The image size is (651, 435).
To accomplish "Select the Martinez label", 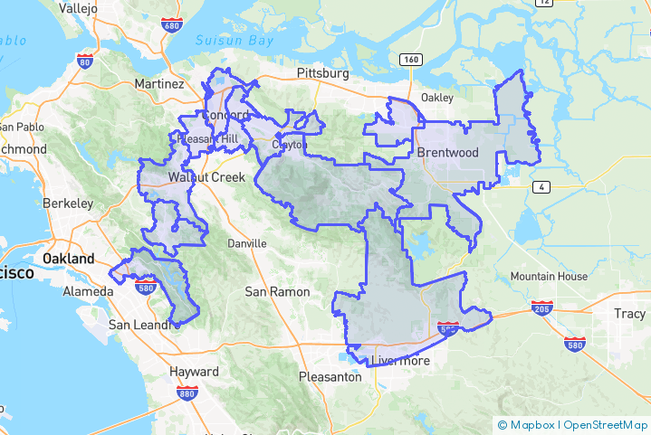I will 158,83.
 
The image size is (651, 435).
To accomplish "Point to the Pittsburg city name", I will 323,72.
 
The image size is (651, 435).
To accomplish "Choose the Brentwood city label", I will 447,153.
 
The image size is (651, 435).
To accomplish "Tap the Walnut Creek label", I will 206,177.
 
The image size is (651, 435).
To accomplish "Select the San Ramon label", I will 278,292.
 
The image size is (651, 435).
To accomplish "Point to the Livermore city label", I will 401,361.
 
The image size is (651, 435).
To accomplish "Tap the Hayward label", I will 194,372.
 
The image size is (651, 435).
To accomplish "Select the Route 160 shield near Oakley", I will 410,60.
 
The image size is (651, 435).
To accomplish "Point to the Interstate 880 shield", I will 188,393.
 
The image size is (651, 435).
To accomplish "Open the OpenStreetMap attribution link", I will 606,425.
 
